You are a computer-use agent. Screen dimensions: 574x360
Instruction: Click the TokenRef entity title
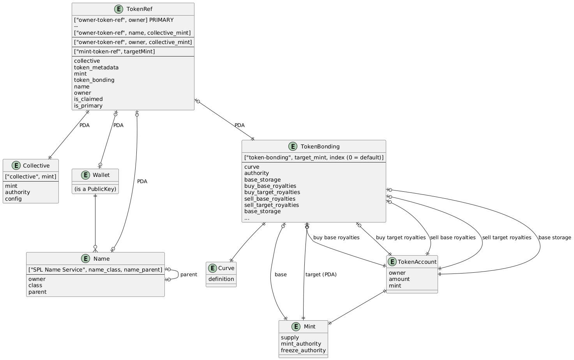click(140, 9)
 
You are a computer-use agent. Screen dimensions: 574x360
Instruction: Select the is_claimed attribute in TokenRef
click(88, 99)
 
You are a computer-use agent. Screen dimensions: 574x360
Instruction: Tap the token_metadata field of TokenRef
click(96, 67)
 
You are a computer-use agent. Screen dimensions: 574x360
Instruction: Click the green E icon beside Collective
click(16, 166)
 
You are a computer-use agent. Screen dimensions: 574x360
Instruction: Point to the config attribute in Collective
click(13, 199)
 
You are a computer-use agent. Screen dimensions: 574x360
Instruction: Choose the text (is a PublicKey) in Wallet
click(95, 189)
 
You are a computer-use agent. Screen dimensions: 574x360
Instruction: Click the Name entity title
click(101, 259)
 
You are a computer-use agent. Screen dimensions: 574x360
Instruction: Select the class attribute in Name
click(35, 286)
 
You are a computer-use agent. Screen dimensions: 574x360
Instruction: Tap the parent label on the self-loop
click(189, 275)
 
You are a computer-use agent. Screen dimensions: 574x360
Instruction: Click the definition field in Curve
click(221, 279)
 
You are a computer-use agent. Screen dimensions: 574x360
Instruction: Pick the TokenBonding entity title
click(320, 146)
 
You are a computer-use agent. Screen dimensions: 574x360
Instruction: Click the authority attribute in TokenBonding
click(256, 173)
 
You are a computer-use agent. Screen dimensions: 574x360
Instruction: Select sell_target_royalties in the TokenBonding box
click(272, 205)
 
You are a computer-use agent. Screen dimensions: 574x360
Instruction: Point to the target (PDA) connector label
click(321, 275)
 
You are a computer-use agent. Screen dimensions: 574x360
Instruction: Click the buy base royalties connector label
click(336, 238)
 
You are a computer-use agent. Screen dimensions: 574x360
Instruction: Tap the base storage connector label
click(555, 238)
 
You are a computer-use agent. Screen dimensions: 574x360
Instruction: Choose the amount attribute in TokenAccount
click(399, 279)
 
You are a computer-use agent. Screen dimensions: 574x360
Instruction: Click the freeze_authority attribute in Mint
click(303, 350)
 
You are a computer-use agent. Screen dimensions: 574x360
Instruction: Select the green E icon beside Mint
click(296, 327)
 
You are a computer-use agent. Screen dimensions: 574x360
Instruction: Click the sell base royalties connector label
click(453, 238)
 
